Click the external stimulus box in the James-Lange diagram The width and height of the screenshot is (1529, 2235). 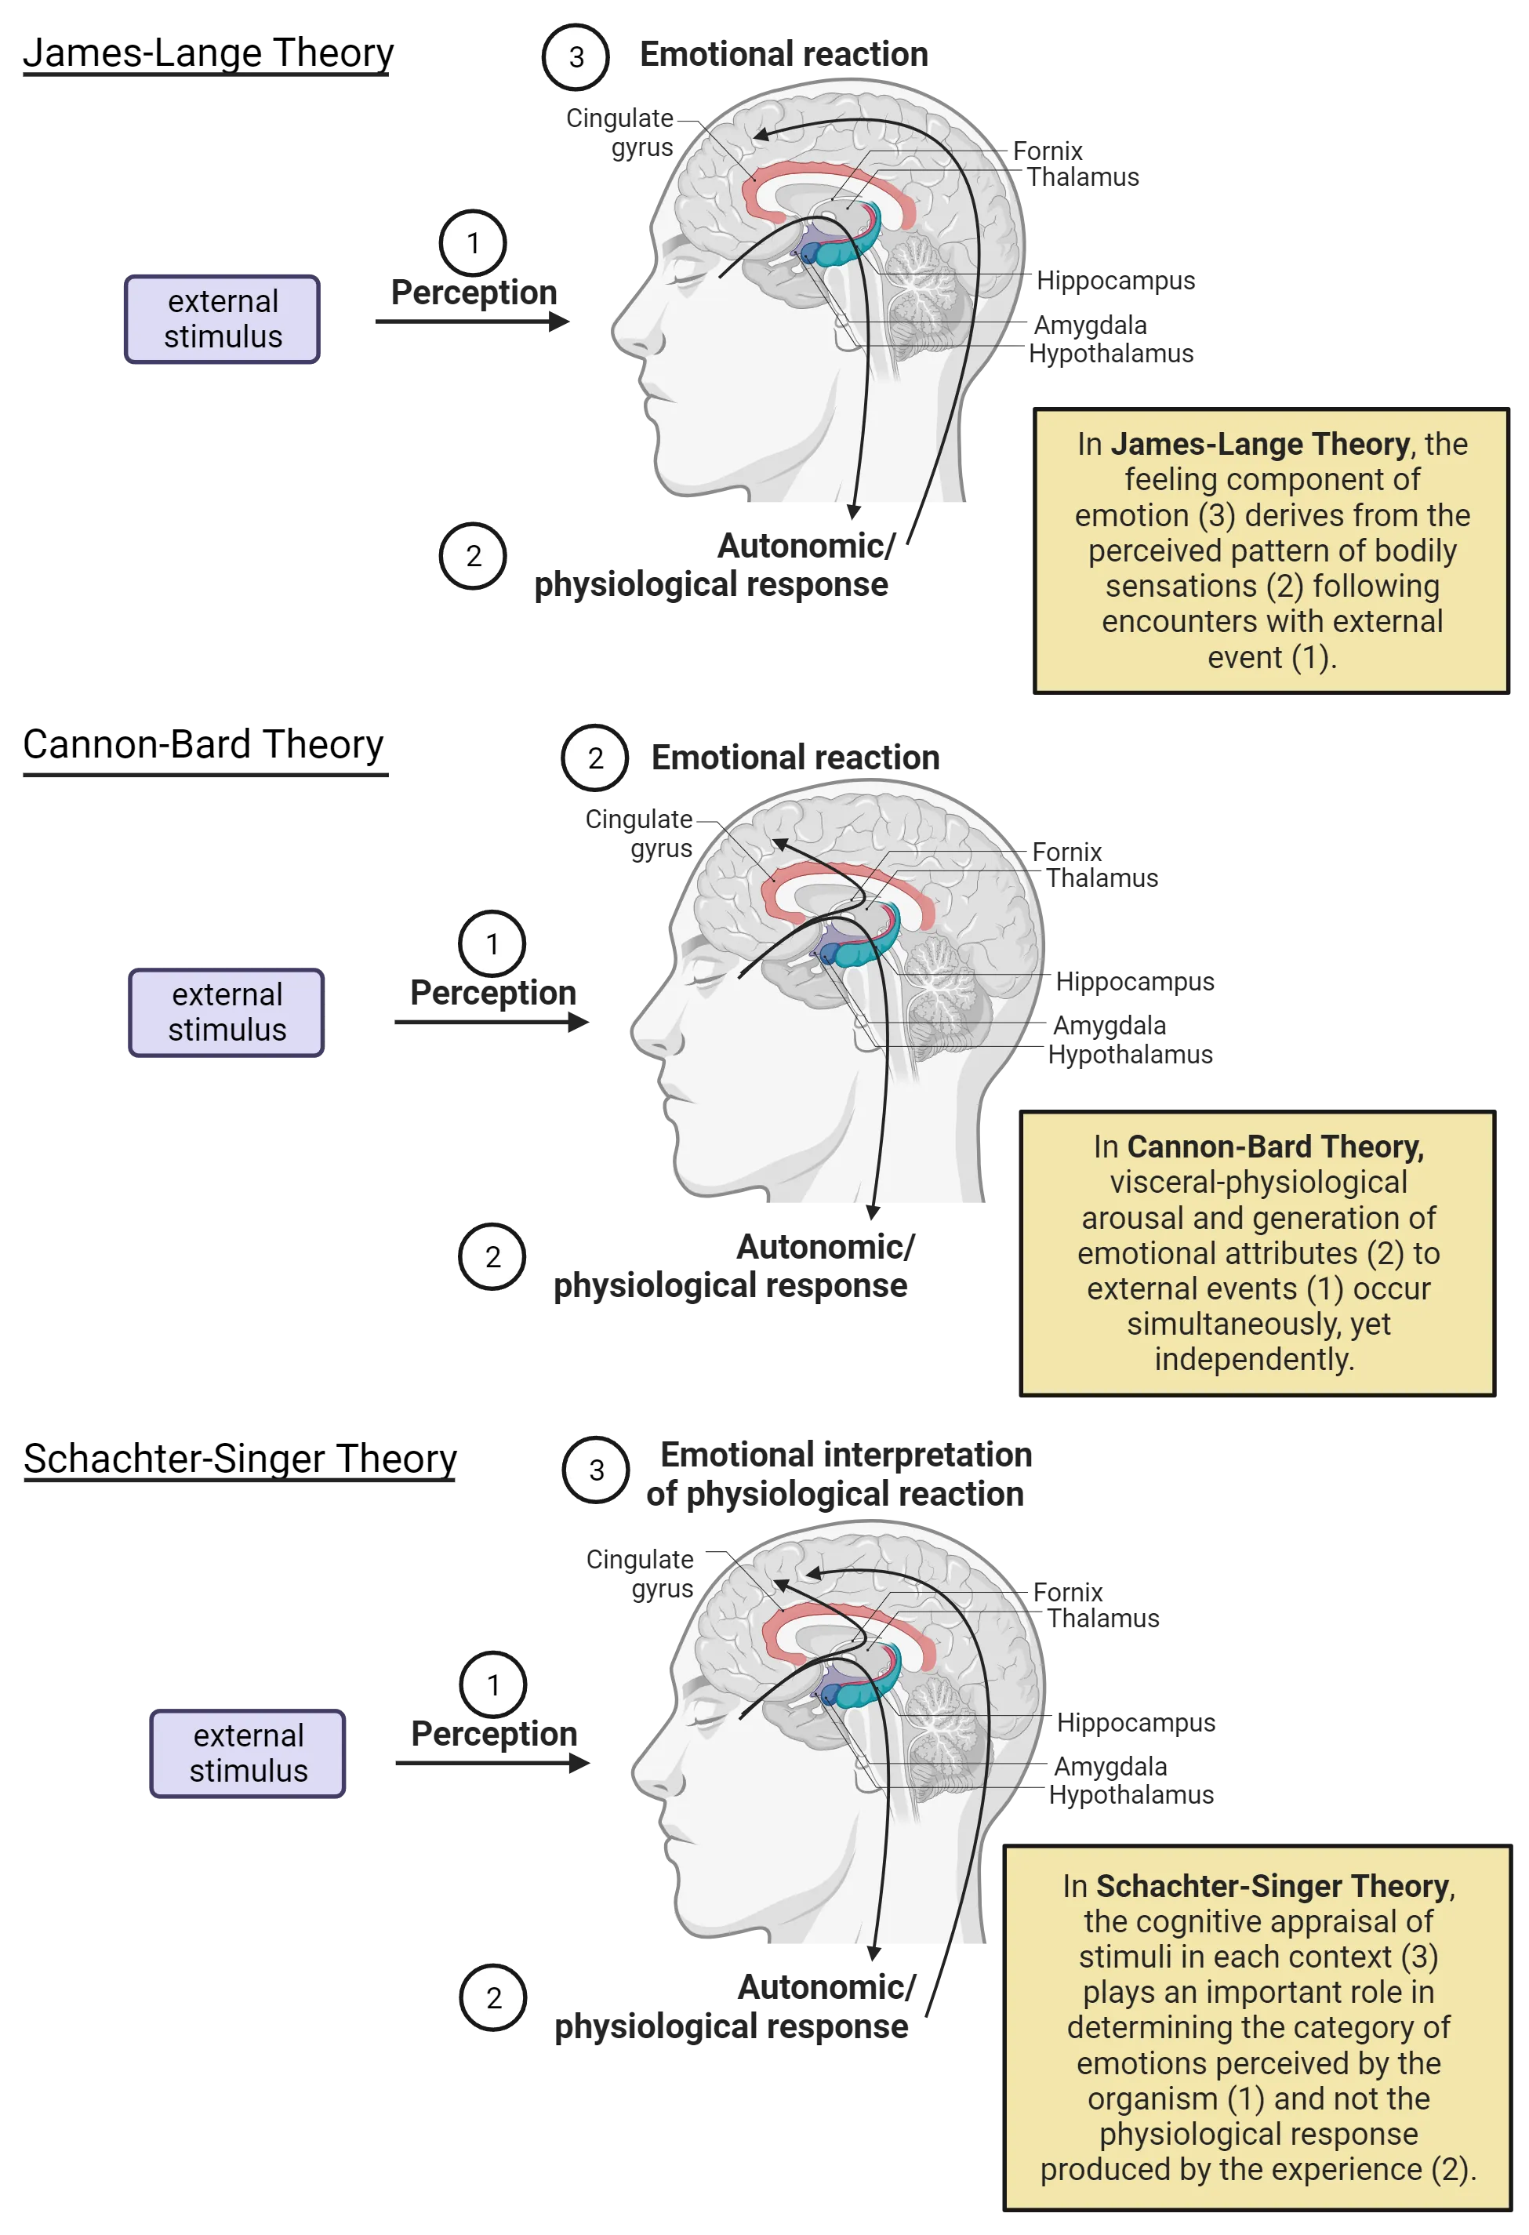point(222,319)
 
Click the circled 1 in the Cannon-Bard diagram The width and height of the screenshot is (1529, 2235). point(492,943)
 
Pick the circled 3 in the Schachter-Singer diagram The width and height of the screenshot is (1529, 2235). point(596,1470)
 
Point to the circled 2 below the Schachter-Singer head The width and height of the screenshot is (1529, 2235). point(493,1997)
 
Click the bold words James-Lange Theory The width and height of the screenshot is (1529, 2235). point(1260,445)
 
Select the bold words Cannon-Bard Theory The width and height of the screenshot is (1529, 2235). point(1275,1147)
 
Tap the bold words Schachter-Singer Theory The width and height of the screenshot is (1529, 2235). point(1273,1886)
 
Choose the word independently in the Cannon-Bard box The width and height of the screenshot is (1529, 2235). point(1254,1359)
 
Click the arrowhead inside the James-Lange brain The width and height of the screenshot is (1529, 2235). point(761,136)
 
